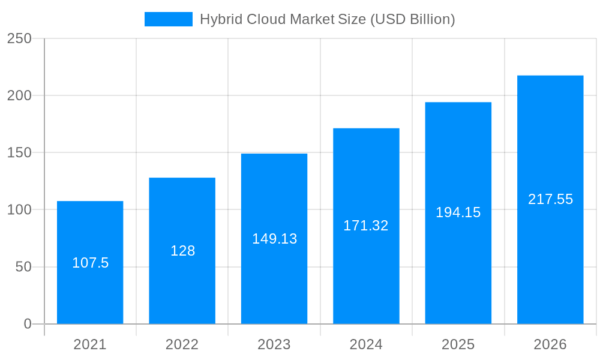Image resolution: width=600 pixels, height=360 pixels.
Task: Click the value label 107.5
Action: [90, 263]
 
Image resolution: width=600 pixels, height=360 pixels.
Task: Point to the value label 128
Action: [182, 251]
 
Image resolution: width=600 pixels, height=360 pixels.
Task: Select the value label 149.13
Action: [274, 239]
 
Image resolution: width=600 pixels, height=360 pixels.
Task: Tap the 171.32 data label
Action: [366, 226]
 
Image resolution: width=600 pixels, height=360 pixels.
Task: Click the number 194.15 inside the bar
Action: [458, 212]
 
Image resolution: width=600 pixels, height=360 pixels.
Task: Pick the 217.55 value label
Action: [550, 199]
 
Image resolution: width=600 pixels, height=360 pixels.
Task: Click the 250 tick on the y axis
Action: [19, 38]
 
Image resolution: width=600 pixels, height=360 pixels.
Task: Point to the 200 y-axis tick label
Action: [19, 95]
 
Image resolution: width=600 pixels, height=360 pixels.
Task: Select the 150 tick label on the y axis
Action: [19, 152]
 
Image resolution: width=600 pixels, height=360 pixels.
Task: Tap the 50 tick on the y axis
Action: [23, 267]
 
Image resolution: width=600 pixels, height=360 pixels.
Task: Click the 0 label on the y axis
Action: [28, 324]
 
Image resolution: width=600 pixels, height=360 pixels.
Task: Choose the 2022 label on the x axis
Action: [182, 344]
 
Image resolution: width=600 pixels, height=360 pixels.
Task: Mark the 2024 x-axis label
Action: [366, 344]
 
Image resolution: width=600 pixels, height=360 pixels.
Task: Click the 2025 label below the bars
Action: [458, 344]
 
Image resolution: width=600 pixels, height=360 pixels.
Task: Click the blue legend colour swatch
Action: [169, 19]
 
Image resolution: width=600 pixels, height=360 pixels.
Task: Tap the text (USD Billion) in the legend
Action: [412, 19]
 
